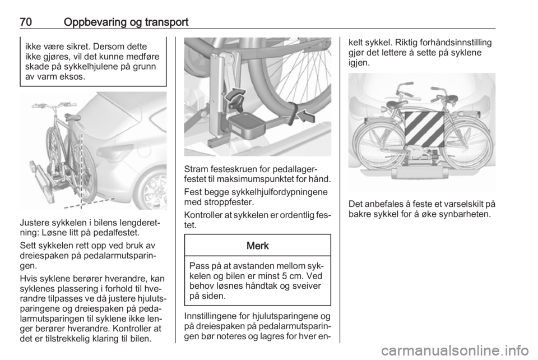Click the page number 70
(x=26, y=22)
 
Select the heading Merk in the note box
(x=258, y=246)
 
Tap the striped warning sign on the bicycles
(x=424, y=130)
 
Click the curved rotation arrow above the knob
(x=236, y=94)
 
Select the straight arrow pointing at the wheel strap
(x=305, y=116)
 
